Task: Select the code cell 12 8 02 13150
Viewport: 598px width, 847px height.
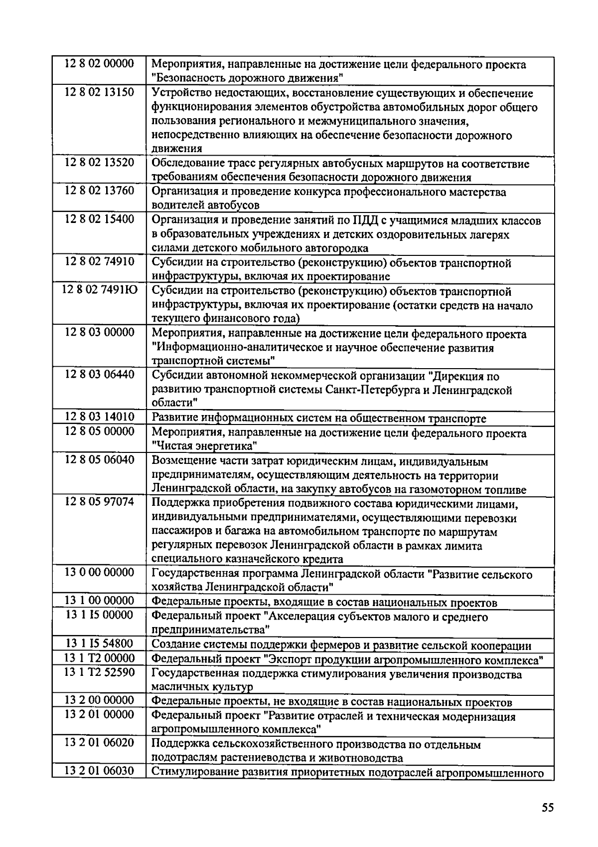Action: point(99,92)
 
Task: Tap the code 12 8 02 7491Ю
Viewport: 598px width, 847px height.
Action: point(100,290)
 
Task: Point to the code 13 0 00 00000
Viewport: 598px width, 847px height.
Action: point(99,572)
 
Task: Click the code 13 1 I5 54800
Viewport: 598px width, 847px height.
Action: point(99,643)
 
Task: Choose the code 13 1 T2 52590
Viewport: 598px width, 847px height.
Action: point(99,672)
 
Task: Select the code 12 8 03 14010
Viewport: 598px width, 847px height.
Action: point(99,417)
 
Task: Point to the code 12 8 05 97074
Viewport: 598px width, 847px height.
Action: point(99,501)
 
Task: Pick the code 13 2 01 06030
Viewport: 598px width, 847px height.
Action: point(99,771)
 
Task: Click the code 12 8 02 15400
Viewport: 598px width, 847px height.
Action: point(99,219)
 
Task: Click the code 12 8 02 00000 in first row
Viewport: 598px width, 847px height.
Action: point(99,64)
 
